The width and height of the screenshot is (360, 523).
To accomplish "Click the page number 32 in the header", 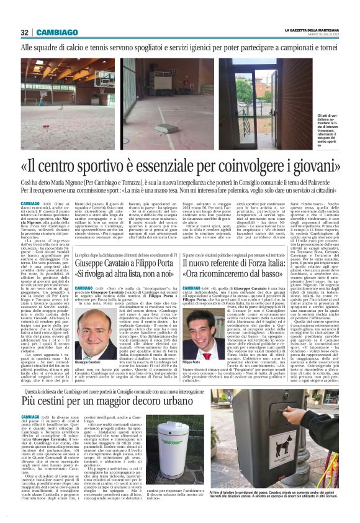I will pyautogui.click(x=25, y=32).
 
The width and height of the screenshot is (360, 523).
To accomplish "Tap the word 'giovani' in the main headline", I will pyautogui.click(x=310, y=166).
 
